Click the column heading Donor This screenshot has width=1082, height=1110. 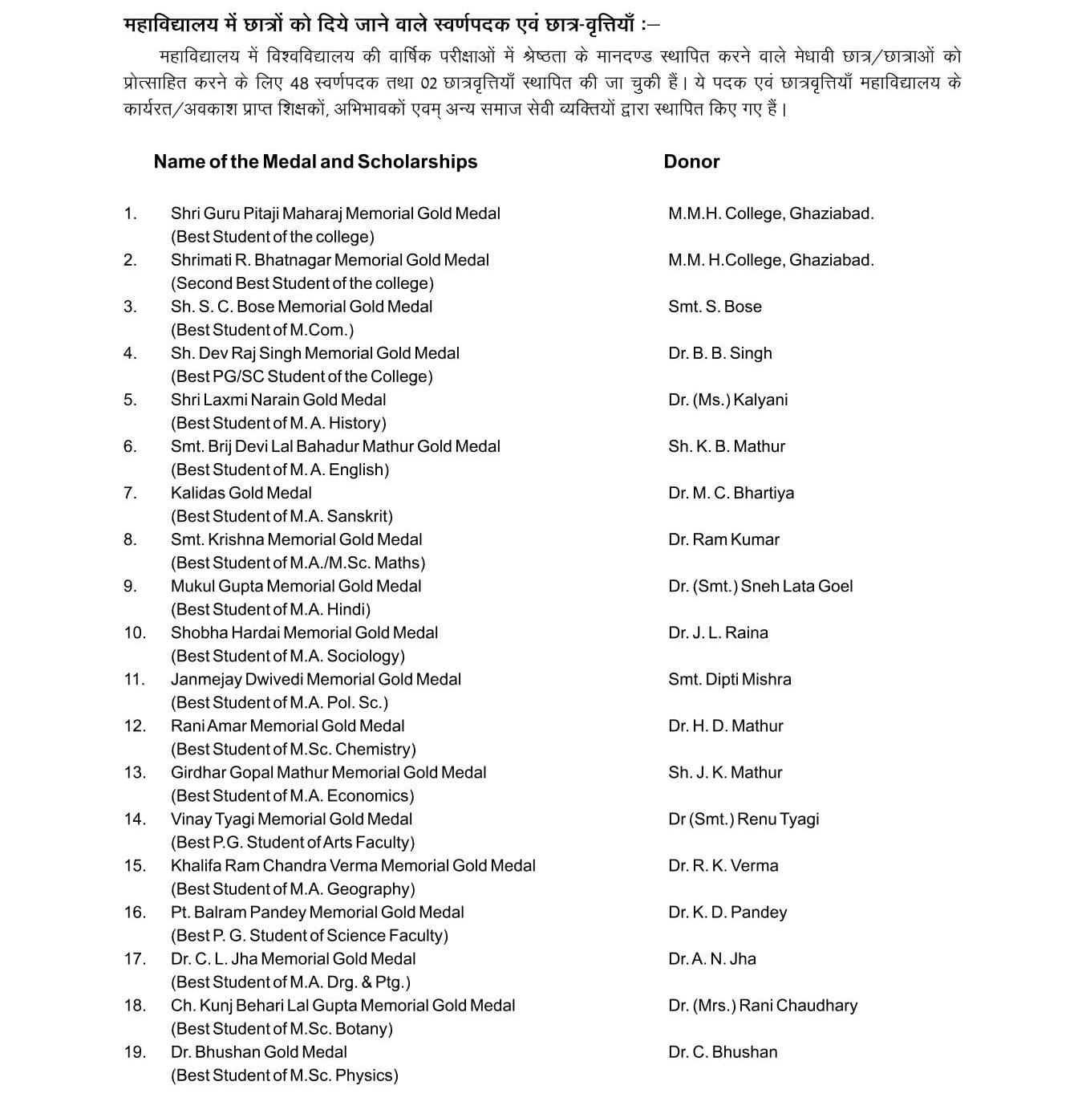691,162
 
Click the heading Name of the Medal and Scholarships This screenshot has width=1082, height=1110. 315,162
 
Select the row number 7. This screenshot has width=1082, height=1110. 130,493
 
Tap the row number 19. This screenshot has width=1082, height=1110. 134,1051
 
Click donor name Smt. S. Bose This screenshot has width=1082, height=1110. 715,307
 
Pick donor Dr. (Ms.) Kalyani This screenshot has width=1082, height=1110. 727,400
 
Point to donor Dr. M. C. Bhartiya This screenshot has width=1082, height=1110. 731,493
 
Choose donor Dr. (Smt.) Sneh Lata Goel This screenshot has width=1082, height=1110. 760,586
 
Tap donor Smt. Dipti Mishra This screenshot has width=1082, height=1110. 729,679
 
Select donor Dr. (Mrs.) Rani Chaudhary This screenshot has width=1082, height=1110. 763,1005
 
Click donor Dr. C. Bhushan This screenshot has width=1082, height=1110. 723,1051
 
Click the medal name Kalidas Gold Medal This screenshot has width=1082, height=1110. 241,493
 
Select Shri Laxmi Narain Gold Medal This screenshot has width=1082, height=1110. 278,400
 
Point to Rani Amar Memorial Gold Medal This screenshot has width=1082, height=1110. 288,726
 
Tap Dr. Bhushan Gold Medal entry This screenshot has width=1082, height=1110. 259,1051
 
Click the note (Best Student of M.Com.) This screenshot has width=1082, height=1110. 262,330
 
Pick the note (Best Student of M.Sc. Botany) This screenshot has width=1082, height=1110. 282,1028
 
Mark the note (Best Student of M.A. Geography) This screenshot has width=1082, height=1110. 293,888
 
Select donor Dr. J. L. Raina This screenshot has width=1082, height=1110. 718,632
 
